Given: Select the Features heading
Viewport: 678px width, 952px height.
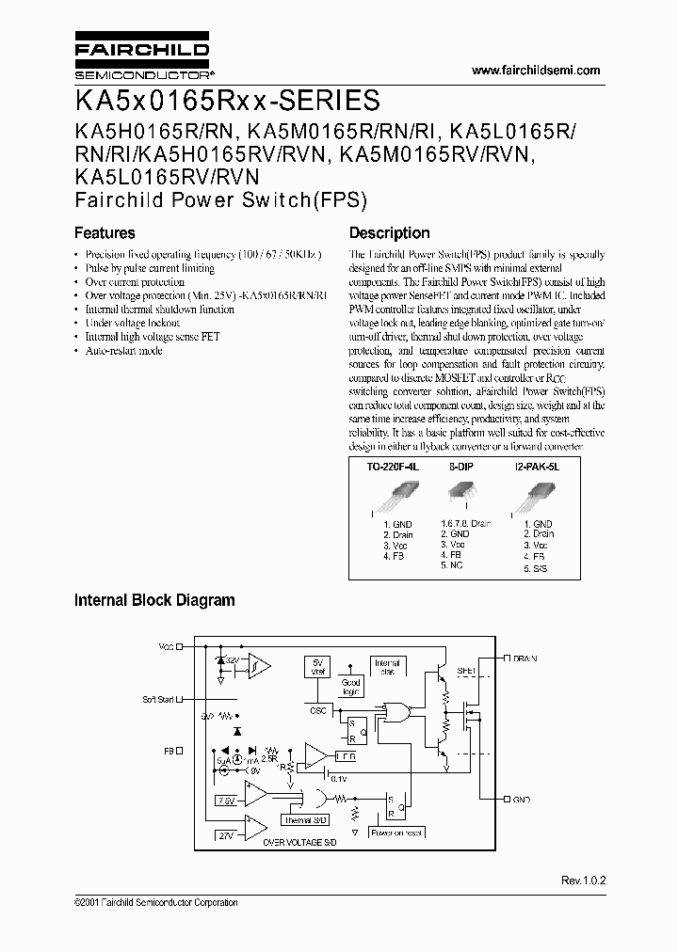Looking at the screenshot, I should click(105, 233).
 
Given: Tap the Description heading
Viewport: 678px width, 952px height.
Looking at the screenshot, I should click(389, 233).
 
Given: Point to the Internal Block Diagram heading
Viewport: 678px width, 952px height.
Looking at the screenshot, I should click(154, 600).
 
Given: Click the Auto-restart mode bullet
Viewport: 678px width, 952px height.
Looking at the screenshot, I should click(123, 351).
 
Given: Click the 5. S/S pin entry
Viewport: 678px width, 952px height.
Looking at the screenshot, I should click(534, 568).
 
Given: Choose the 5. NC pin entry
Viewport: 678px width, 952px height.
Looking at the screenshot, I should click(451, 565).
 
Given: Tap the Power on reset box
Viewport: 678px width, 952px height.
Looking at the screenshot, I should click(395, 833).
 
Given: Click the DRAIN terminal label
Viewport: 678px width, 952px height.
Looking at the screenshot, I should click(525, 658).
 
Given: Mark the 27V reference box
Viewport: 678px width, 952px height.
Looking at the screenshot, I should click(226, 834).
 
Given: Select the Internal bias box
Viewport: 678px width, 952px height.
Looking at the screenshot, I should click(388, 668).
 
